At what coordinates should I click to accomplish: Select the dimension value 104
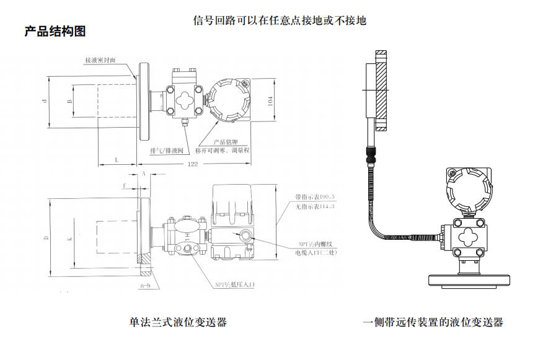tap(270, 102)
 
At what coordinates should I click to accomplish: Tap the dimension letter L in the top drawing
tap(118, 160)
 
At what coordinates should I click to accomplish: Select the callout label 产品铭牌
tap(226, 142)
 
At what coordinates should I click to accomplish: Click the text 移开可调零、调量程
tap(221, 151)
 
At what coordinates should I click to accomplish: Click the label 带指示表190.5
tap(315, 198)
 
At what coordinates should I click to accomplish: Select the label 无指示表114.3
tap(315, 206)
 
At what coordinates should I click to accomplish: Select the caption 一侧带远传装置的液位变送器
tap(433, 322)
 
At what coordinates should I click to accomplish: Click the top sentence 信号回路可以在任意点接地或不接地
tap(280, 20)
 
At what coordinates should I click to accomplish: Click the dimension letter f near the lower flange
tap(124, 185)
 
